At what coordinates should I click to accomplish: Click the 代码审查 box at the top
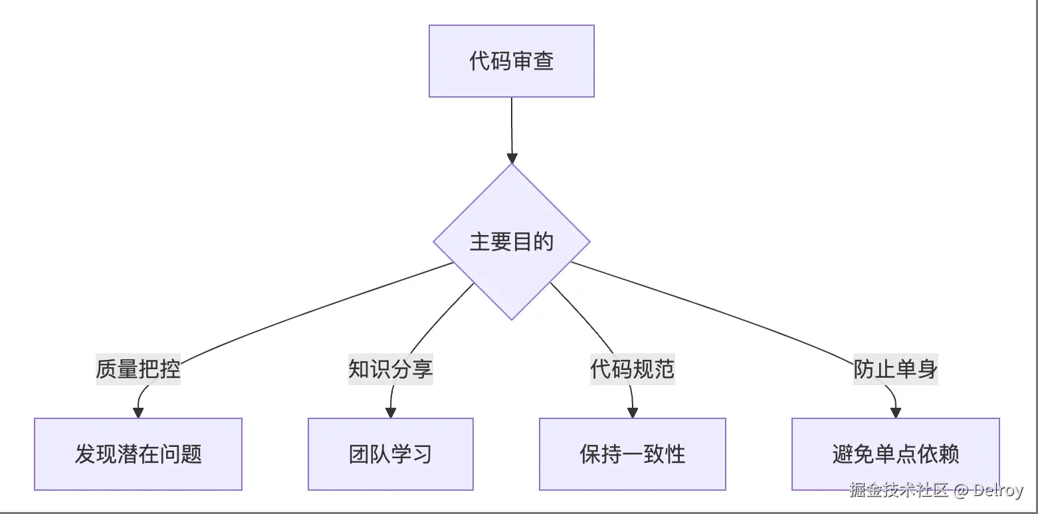click(x=511, y=61)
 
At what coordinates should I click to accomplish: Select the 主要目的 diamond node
click(x=511, y=242)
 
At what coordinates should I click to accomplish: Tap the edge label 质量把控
click(x=138, y=369)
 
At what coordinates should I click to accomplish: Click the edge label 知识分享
click(x=390, y=369)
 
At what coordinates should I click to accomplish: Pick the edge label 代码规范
click(x=632, y=369)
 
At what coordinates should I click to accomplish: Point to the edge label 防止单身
click(x=895, y=369)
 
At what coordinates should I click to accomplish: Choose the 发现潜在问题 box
click(x=138, y=454)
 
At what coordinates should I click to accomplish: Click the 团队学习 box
click(x=390, y=454)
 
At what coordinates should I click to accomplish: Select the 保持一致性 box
click(x=632, y=454)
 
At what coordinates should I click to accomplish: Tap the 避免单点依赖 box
click(x=895, y=454)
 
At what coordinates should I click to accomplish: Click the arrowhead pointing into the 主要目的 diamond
click(x=512, y=158)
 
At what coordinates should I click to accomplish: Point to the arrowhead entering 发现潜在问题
click(x=138, y=412)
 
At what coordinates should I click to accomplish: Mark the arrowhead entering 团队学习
click(x=391, y=412)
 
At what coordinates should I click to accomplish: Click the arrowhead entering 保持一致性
click(x=633, y=412)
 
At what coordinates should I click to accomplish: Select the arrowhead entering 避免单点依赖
click(x=895, y=412)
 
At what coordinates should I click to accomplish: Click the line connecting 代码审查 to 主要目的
click(x=512, y=126)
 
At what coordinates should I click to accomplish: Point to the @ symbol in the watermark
click(x=961, y=491)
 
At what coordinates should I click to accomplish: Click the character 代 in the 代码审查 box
click(x=480, y=61)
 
